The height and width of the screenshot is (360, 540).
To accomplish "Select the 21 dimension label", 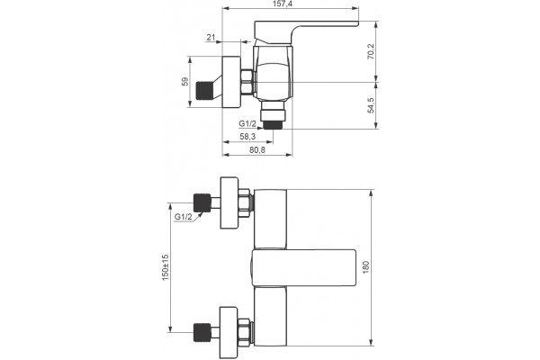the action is [211, 37].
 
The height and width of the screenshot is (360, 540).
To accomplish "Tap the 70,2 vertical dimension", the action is [371, 51].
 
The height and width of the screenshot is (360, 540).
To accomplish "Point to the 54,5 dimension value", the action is [371, 105].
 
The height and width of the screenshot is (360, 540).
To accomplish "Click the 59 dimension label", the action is [185, 82].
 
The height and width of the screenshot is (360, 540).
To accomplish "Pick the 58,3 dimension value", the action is [247, 137].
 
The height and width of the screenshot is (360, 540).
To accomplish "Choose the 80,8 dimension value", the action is [257, 150].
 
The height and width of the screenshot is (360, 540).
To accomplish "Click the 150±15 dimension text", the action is [166, 267].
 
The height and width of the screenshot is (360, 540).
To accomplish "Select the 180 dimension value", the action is [365, 267].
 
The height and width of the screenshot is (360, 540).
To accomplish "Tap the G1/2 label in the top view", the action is [247, 123].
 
